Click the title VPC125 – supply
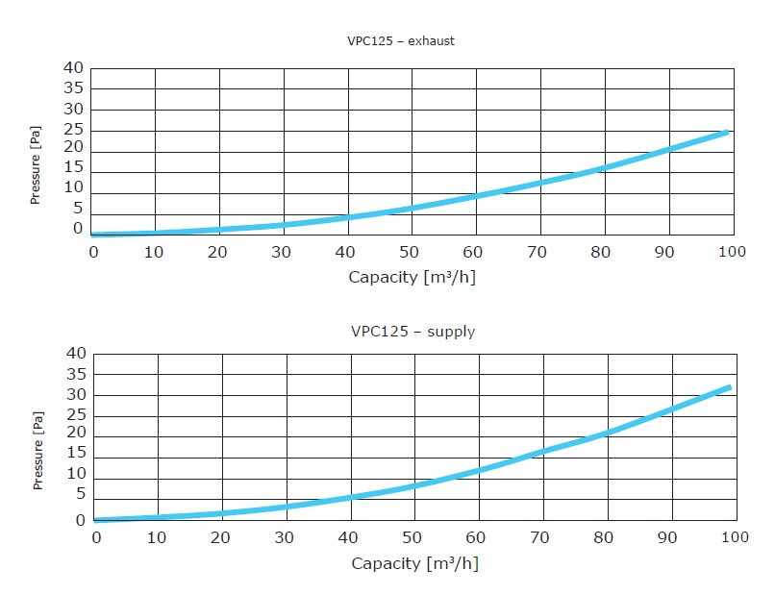(x=412, y=332)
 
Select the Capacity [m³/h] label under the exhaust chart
(x=412, y=277)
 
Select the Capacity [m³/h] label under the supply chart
(x=414, y=562)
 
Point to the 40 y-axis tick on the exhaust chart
(x=74, y=68)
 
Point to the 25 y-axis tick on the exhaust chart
(x=74, y=129)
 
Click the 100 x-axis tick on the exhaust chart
(x=732, y=252)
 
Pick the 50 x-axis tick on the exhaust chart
(x=412, y=252)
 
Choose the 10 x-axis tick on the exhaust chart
(x=156, y=252)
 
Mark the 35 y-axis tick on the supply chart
(x=76, y=374)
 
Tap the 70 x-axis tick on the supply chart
(x=542, y=537)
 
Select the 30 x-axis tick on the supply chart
(x=286, y=537)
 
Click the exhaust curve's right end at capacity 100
(x=728, y=131)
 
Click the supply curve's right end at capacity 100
(x=730, y=387)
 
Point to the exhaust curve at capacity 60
(x=475, y=196)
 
